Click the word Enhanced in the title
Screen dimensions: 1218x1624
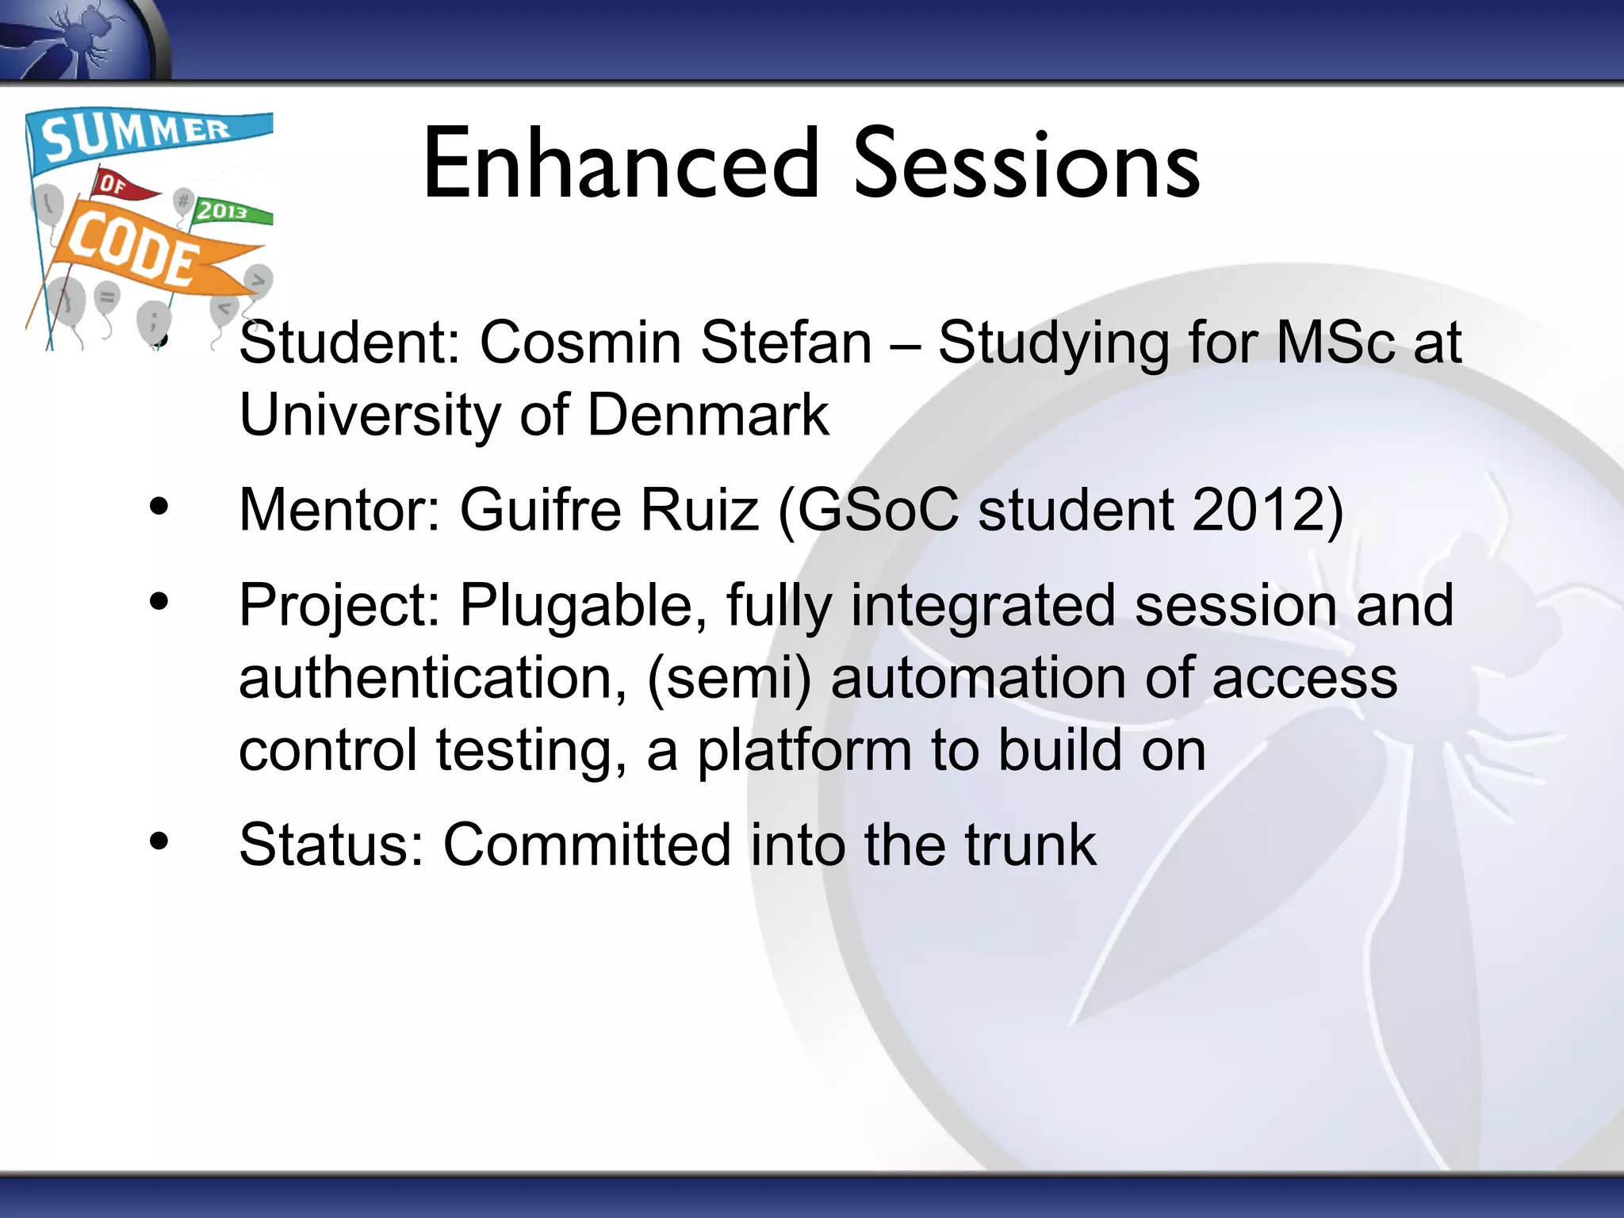(621, 165)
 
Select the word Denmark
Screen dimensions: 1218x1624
(707, 415)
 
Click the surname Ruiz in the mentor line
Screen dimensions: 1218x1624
(699, 509)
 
